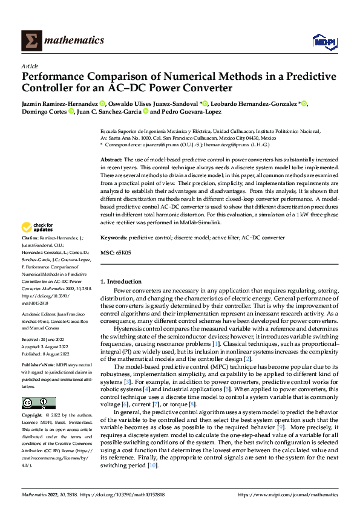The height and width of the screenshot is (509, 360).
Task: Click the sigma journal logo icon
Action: pyautogui.click(x=29, y=40)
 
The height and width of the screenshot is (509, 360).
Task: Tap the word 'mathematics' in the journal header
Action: pyautogui.click(x=74, y=40)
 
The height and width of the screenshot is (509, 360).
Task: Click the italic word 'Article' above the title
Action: pyautogui.click(x=30, y=66)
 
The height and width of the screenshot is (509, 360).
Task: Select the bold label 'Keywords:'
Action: pyautogui.click(x=114, y=239)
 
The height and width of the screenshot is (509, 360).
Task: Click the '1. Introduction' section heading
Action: pyautogui.click(x=121, y=281)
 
